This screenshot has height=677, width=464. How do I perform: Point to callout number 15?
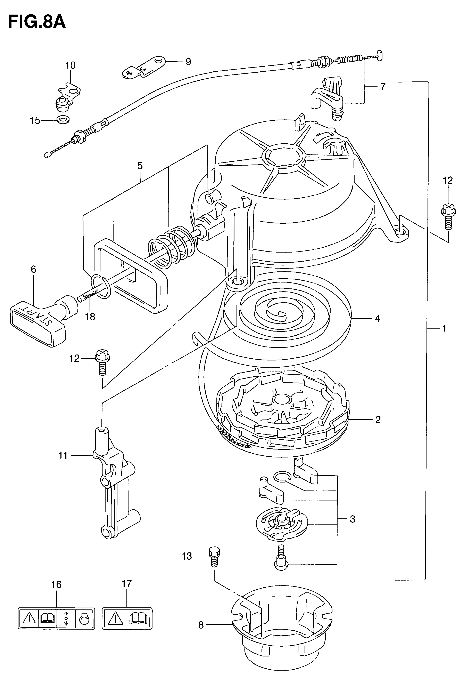[x=35, y=120]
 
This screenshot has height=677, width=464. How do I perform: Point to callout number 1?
[x=444, y=329]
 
